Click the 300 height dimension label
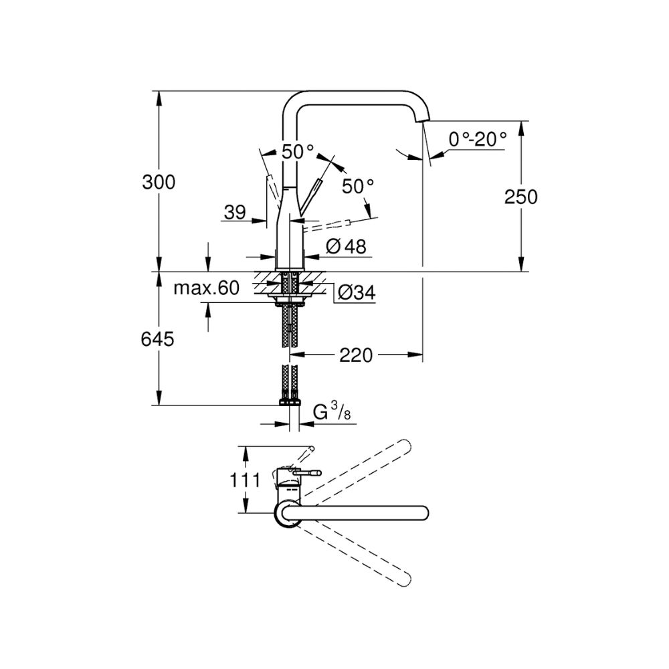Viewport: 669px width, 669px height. pyautogui.click(x=159, y=182)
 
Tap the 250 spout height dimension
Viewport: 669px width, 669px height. pyautogui.click(x=520, y=197)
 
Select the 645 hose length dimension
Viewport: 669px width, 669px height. pyautogui.click(x=157, y=339)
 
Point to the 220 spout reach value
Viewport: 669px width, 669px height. pyautogui.click(x=356, y=355)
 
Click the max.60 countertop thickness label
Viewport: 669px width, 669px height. pyautogui.click(x=207, y=288)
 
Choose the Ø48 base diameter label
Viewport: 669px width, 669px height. pyautogui.click(x=346, y=246)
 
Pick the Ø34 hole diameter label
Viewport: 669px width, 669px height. pyautogui.click(x=357, y=293)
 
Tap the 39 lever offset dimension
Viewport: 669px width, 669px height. pyautogui.click(x=235, y=212)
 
